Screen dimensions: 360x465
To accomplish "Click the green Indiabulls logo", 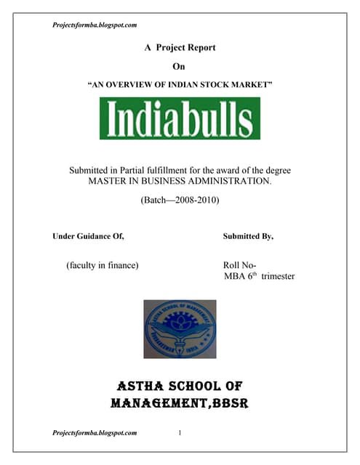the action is (180, 118).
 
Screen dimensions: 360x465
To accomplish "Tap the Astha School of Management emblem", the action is (180, 328).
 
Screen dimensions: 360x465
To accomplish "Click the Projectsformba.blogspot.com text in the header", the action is (95, 25).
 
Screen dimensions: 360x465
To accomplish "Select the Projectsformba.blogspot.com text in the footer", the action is (95, 433).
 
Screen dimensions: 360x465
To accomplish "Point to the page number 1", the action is (180, 433).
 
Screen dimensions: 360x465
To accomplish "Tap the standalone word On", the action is (180, 66).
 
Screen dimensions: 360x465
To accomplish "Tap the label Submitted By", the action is (248, 236).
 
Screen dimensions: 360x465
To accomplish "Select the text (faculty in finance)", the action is (102, 265).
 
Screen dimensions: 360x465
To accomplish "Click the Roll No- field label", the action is (239, 265).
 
